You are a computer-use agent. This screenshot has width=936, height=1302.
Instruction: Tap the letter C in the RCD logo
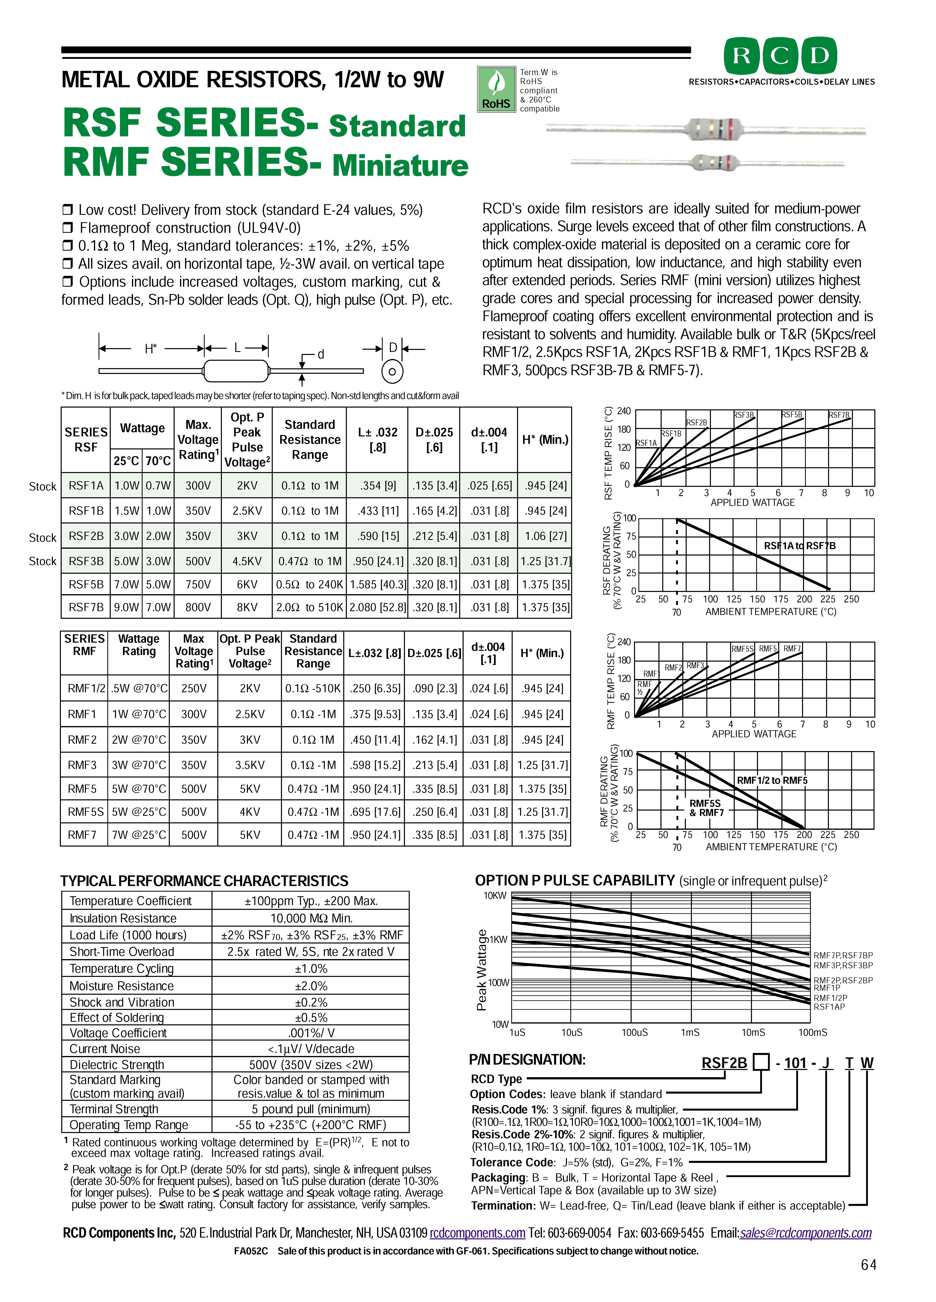click(x=780, y=56)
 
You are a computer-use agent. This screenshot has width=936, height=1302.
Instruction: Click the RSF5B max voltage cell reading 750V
click(x=197, y=584)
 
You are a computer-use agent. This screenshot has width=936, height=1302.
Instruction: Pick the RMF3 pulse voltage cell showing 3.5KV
click(x=250, y=765)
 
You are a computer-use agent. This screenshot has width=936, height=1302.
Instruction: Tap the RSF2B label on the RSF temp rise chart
click(x=696, y=423)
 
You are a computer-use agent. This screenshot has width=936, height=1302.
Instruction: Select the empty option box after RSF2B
click(x=761, y=1063)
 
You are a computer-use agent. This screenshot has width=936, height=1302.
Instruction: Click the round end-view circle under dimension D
click(x=392, y=371)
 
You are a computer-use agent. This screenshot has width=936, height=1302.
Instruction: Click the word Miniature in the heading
click(x=400, y=165)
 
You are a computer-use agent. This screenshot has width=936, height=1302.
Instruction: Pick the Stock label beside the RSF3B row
click(x=42, y=562)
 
